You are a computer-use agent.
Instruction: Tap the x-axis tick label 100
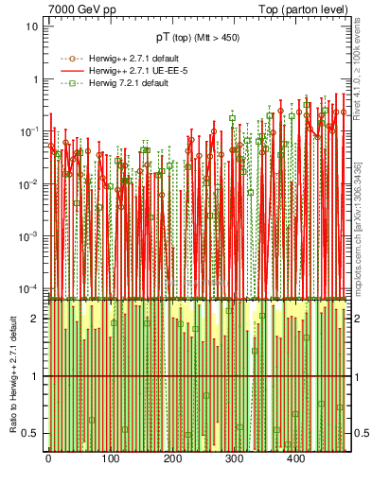pyautogui.click(x=110, y=458)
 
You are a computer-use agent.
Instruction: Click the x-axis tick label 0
pyautogui.click(x=48, y=458)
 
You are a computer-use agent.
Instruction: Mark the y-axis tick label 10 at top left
pyautogui.click(x=31, y=26)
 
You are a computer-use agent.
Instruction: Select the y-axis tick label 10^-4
pyautogui.click(x=28, y=288)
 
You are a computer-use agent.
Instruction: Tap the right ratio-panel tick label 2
pyautogui.click(x=357, y=319)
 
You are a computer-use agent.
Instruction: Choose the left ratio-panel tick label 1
pyautogui.click(x=34, y=376)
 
